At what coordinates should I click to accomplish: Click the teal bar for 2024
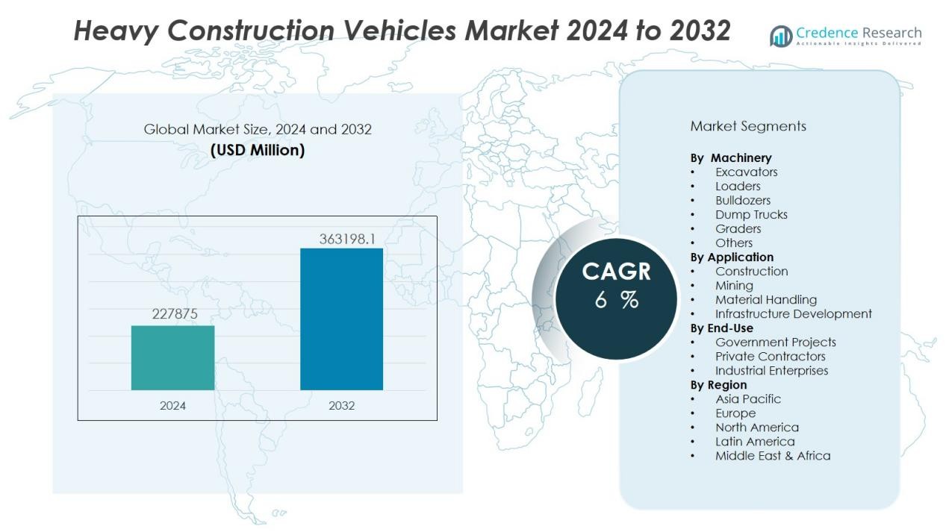point(172,357)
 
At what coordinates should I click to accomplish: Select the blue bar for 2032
point(341,319)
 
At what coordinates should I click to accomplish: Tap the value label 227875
point(175,314)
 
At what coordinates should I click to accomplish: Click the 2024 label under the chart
point(172,406)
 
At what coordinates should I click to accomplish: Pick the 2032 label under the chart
point(341,406)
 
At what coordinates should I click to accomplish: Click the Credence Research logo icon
point(781,36)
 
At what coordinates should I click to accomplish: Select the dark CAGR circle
point(616,298)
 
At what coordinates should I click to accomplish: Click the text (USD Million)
point(258,150)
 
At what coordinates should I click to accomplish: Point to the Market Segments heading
point(748,126)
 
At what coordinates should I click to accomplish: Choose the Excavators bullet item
point(746,172)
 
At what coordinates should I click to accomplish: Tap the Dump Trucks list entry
point(751,214)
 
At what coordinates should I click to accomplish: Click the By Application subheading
point(732,257)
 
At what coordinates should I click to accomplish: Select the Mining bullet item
point(734,285)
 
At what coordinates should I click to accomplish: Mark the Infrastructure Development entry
point(793,313)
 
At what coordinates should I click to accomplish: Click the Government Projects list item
point(775,342)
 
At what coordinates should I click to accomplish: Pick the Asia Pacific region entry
point(747,398)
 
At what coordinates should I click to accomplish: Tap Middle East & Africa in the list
point(772,455)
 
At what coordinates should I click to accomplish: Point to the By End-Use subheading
point(721,328)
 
